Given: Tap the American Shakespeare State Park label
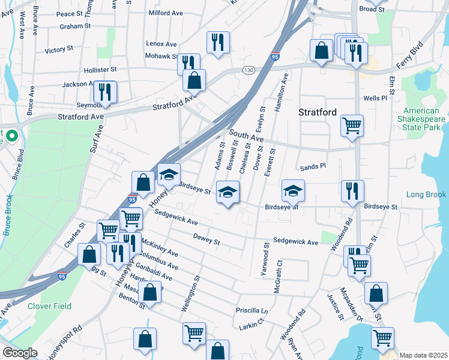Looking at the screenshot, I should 424,119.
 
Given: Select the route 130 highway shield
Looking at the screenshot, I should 249,70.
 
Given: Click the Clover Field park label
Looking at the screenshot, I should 49,306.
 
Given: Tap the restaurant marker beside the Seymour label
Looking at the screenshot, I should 105,92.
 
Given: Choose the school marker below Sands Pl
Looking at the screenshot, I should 293,191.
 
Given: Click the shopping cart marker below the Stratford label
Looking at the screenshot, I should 352,125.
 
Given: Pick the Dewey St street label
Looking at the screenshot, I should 207,239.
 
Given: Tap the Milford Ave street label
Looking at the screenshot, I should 165,13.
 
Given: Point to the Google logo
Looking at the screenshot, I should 20,353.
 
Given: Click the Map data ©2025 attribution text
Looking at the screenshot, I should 423,355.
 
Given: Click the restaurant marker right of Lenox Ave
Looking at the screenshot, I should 215,42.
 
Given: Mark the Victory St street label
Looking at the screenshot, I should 58,49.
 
